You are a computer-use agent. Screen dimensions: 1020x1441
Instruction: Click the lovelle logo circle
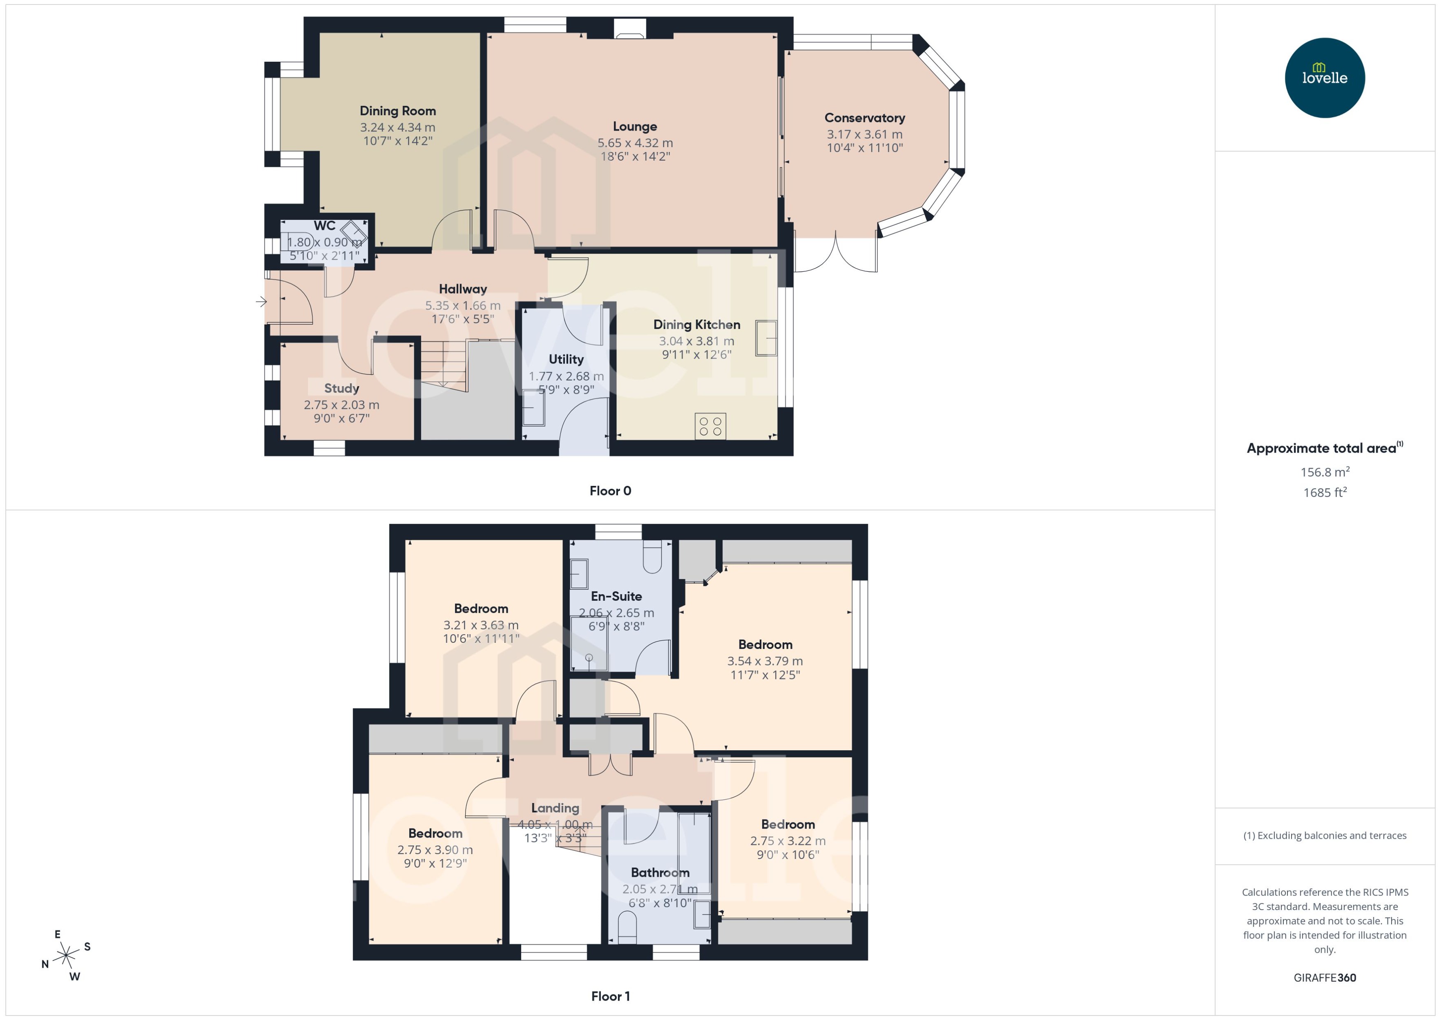pyautogui.click(x=1324, y=78)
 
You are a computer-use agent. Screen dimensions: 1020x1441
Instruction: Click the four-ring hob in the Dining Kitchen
pyautogui.click(x=710, y=426)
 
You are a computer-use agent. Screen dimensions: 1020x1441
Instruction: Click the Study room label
pyautogui.click(x=342, y=388)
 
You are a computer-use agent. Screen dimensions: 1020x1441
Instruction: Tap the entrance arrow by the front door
pyautogui.click(x=261, y=302)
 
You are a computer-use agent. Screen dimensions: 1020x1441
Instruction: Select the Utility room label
pyautogui.click(x=566, y=359)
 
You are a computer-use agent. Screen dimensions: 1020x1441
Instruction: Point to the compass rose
pyautogui.click(x=66, y=956)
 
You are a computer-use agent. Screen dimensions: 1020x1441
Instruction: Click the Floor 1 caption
pyautogui.click(x=610, y=996)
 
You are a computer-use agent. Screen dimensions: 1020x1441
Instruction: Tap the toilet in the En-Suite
pyautogui.click(x=653, y=557)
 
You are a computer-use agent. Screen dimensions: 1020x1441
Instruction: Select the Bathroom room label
pyautogui.click(x=660, y=873)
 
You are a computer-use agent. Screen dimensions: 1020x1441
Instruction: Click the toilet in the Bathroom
pyautogui.click(x=627, y=928)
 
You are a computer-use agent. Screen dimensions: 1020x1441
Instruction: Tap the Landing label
pyautogui.click(x=555, y=808)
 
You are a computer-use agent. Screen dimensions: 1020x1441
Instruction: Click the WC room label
pyautogui.click(x=324, y=226)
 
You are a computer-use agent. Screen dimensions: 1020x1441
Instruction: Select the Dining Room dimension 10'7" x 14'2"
pyautogui.click(x=397, y=141)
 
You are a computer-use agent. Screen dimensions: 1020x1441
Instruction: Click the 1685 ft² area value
pyautogui.click(x=1324, y=493)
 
